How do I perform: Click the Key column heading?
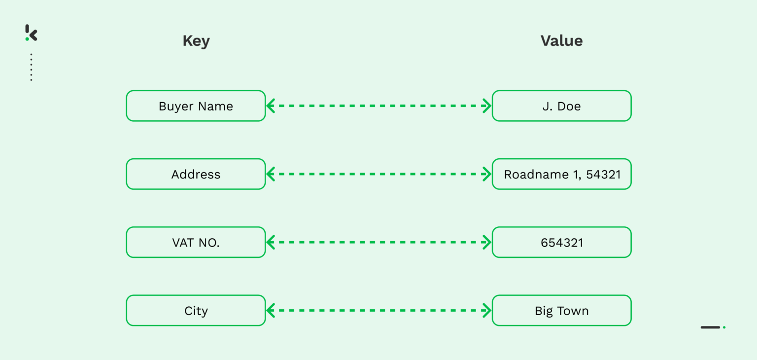pos(196,41)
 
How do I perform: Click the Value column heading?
pos(561,41)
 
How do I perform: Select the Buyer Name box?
pos(196,106)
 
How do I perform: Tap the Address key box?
pos(196,174)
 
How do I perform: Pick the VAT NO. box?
pos(196,242)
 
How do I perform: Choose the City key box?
pos(196,311)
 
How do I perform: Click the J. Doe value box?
pos(561,106)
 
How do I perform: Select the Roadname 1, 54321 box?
pos(561,174)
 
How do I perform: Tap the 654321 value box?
pos(561,242)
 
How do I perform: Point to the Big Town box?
pos(561,311)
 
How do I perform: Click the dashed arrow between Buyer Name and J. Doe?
pos(378,106)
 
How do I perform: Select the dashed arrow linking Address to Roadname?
pos(378,174)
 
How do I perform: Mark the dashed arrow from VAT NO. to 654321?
pos(378,242)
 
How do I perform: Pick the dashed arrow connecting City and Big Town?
pos(378,311)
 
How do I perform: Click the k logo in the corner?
pos(31,33)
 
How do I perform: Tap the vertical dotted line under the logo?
pos(31,67)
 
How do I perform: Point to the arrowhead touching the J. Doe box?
pos(487,106)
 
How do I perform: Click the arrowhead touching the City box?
pos(271,311)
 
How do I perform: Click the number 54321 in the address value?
pos(603,174)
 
